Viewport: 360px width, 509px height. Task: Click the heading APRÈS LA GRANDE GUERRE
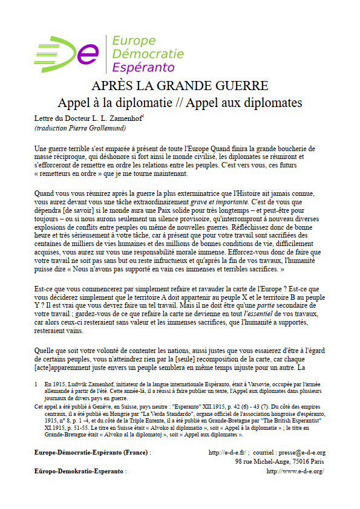180,85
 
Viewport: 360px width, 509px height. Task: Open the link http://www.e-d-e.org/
295,470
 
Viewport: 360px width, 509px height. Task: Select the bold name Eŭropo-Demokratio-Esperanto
79,470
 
